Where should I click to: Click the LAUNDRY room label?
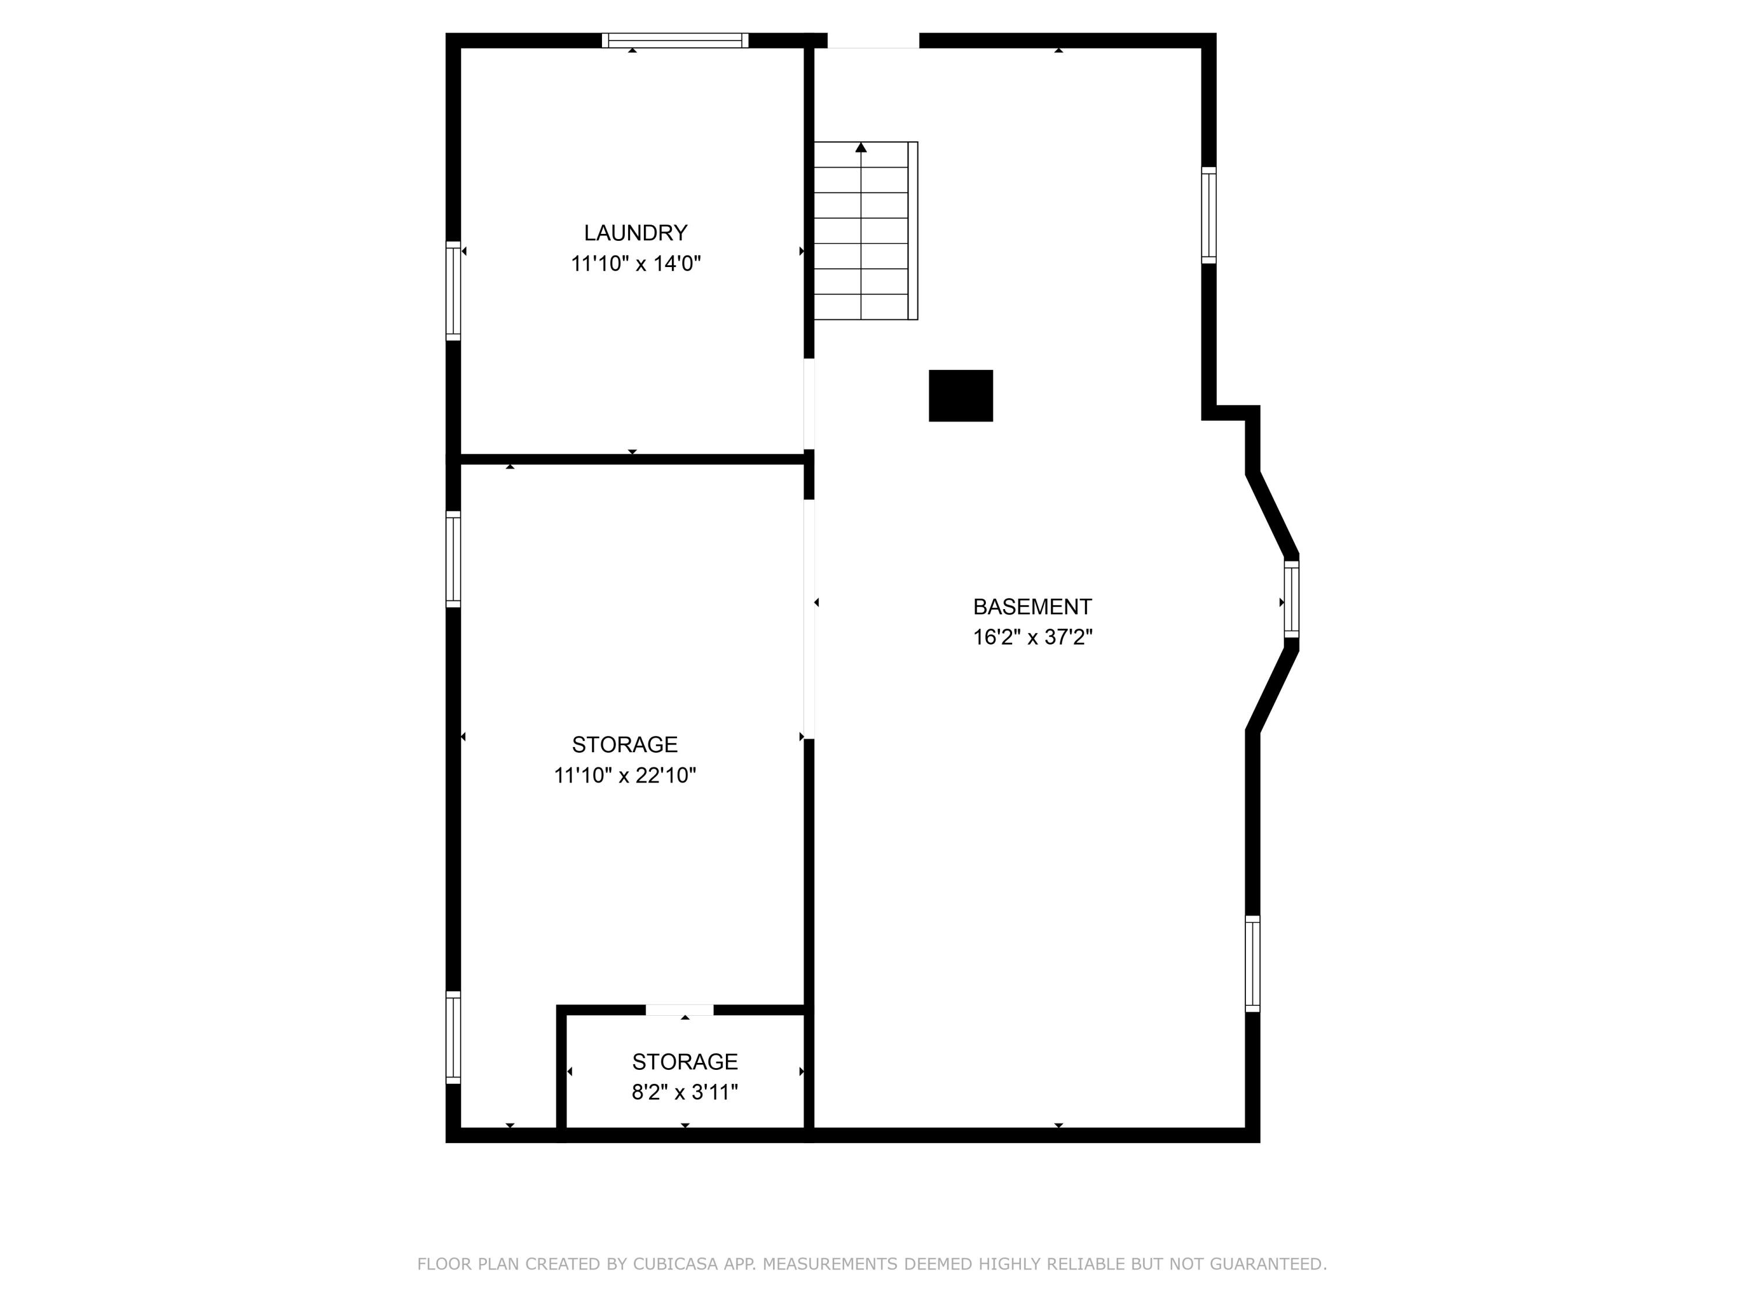point(635,233)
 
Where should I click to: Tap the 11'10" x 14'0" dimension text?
point(636,264)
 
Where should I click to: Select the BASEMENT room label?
point(1032,607)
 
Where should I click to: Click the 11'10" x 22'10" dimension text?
point(625,776)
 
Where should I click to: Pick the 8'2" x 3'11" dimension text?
point(685,1092)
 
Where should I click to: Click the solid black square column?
point(960,395)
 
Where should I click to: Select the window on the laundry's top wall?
point(675,40)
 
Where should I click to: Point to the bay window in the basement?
point(1291,599)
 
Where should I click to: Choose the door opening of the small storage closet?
point(679,1010)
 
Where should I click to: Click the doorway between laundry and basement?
point(809,404)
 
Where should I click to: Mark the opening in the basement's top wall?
point(873,40)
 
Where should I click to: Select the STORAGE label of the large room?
point(625,745)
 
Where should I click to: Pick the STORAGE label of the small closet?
point(685,1061)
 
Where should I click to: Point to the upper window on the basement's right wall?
point(1209,215)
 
